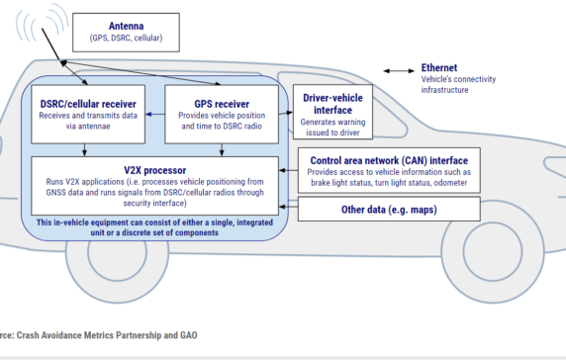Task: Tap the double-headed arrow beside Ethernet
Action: tap(399, 71)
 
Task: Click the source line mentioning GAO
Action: tap(99, 336)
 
